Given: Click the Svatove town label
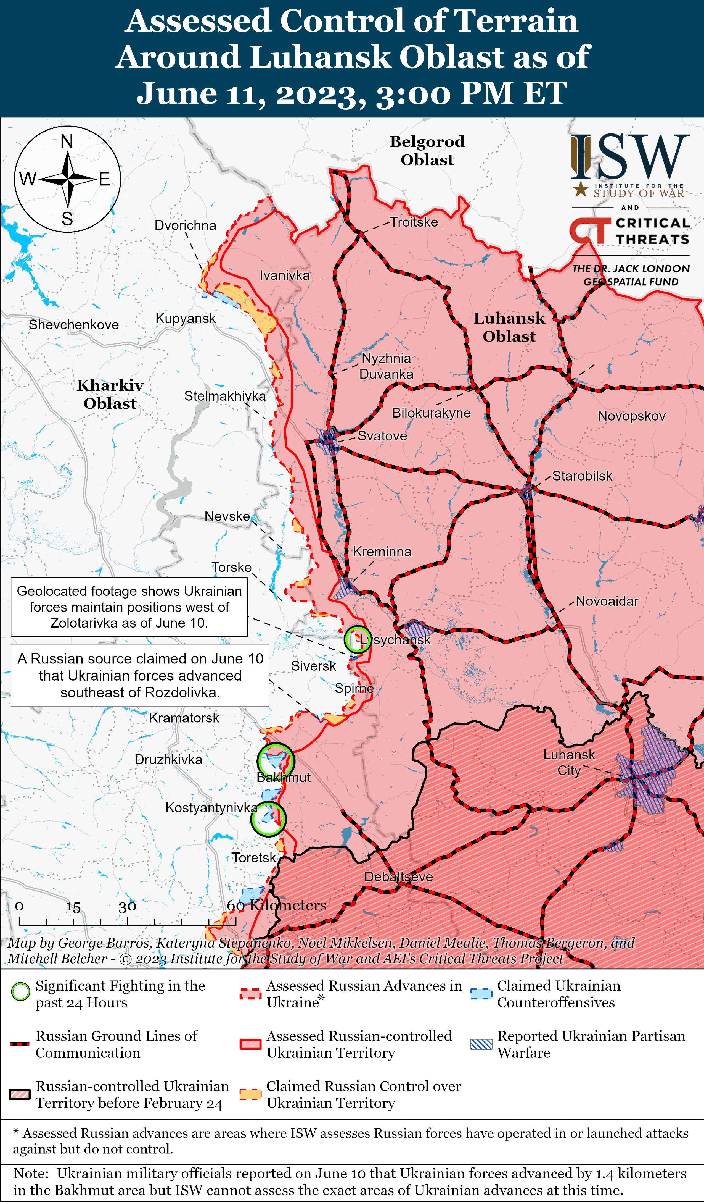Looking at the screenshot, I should pyautogui.click(x=382, y=436).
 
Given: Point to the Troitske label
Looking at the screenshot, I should pyautogui.click(x=414, y=222).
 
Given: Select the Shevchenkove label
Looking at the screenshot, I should pyautogui.click(x=74, y=325).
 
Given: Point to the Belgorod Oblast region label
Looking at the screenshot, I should pyautogui.click(x=427, y=150).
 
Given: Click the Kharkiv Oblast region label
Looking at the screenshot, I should pyautogui.click(x=110, y=394).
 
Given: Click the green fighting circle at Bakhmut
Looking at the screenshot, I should pyautogui.click(x=276, y=760).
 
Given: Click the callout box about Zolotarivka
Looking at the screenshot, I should pyautogui.click(x=129, y=607).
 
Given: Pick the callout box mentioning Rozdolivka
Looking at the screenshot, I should pyautogui.click(x=140, y=675).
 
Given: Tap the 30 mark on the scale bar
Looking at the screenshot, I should pyautogui.click(x=127, y=906).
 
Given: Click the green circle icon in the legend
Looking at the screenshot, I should pyautogui.click(x=20, y=992).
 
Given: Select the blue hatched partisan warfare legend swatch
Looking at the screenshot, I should pyautogui.click(x=481, y=1044).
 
